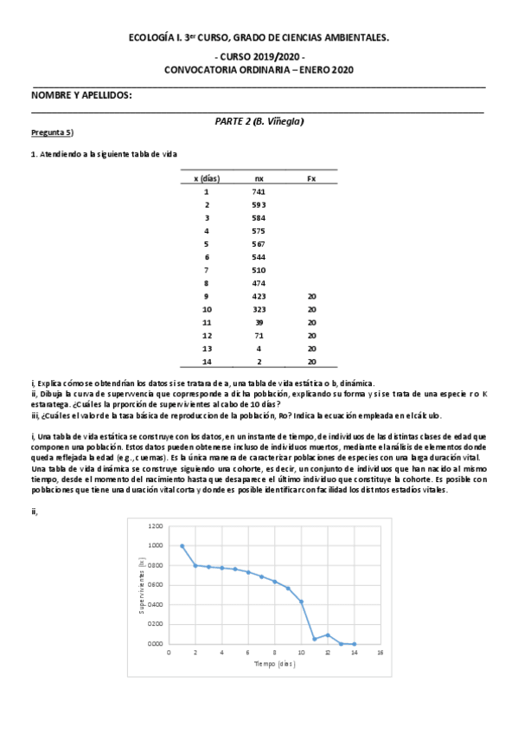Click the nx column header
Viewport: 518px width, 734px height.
click(259, 177)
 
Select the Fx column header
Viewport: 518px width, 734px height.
click(311, 177)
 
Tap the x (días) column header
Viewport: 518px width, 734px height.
click(207, 177)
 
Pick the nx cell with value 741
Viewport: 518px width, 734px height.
click(259, 191)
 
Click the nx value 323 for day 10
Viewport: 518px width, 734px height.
click(259, 308)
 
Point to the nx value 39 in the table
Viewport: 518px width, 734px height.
click(259, 321)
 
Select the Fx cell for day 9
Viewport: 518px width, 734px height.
click(311, 295)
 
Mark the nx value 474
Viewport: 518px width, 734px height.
click(259, 282)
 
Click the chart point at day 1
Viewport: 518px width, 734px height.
click(182, 546)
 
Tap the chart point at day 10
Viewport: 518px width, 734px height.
click(301, 602)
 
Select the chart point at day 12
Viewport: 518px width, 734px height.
click(328, 635)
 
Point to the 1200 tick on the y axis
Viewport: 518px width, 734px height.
click(155, 526)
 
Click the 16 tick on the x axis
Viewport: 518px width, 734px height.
click(381, 653)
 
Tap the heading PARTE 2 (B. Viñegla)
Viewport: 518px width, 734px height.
click(259, 121)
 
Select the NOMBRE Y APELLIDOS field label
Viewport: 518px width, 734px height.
click(81, 94)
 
